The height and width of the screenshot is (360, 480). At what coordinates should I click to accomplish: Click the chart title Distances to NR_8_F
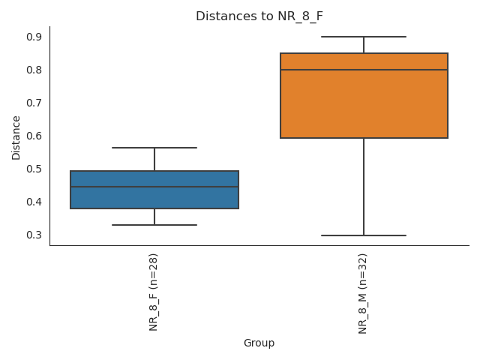(259, 16)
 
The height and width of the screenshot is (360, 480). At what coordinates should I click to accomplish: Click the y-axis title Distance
(16, 137)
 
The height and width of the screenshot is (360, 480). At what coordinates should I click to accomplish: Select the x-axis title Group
(259, 343)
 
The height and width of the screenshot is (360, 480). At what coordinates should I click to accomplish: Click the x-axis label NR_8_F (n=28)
(154, 292)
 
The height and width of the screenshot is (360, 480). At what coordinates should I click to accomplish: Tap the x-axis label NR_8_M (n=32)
(364, 293)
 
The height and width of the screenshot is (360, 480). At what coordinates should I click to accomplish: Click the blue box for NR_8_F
(154, 198)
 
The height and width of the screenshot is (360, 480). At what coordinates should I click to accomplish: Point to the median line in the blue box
(154, 187)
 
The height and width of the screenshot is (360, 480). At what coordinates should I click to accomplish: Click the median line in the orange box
(364, 70)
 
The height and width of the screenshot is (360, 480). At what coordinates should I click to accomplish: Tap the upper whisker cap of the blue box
(154, 148)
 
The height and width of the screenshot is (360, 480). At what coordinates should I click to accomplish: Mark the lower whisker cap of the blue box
(154, 225)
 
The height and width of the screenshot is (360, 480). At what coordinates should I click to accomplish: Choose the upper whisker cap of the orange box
(364, 37)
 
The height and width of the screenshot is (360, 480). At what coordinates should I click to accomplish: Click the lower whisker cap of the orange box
(364, 235)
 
